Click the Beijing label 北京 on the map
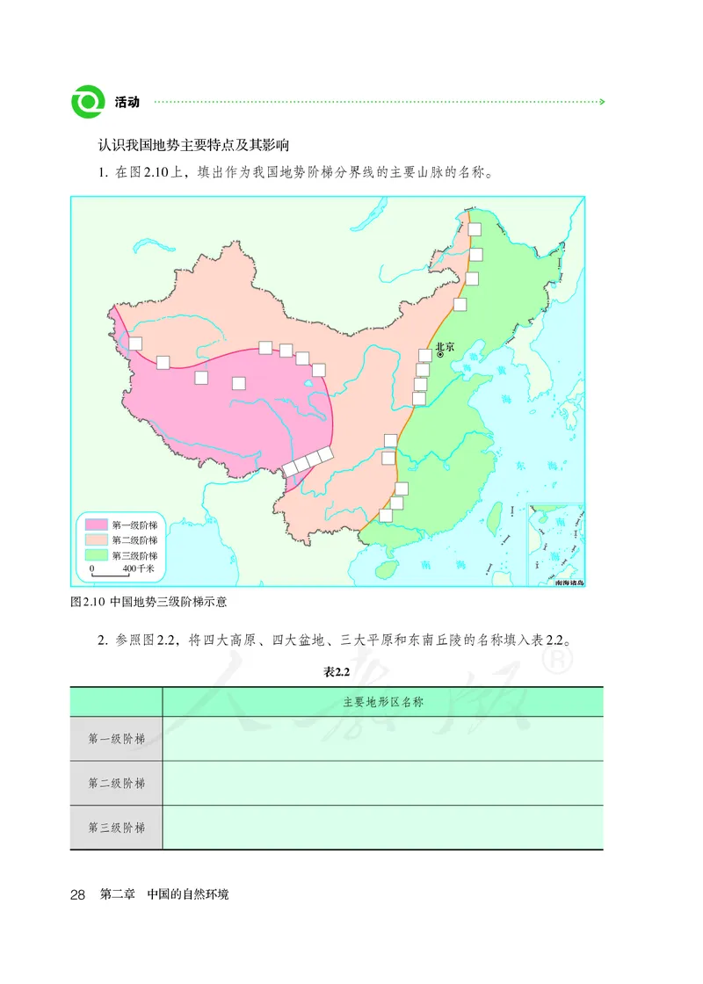446,347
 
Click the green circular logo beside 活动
88,102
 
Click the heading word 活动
127,103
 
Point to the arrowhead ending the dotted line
601,103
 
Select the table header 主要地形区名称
383,702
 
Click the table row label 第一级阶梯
116,739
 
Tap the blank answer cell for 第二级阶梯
383,783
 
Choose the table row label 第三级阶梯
116,828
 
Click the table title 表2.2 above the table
337,672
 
